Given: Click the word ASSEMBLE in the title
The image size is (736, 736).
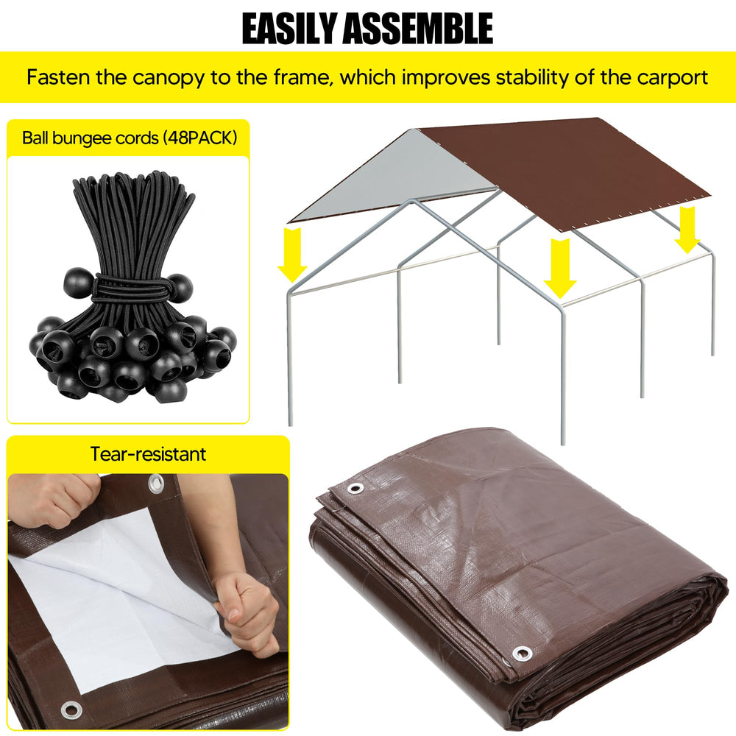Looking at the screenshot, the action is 418,29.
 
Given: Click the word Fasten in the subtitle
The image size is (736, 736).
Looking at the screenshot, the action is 57,77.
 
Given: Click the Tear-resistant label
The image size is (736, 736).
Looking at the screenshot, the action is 148,454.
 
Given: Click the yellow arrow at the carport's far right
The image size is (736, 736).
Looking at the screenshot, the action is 687,230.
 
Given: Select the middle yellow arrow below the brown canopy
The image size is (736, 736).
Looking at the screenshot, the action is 560,268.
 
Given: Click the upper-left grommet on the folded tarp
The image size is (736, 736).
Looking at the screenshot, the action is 355,488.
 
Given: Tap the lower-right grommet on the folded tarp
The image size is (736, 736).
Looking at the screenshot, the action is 522,653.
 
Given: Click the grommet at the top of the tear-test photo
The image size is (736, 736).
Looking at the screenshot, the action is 156,484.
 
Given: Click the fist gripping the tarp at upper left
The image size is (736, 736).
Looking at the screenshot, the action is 57,498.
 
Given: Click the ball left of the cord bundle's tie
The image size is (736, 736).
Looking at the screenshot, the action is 79,283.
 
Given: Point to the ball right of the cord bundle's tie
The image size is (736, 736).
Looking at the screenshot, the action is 180,288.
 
